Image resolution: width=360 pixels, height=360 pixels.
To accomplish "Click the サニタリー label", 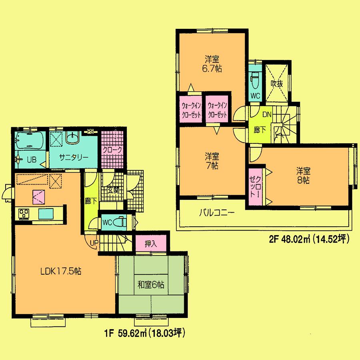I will tap(74, 157).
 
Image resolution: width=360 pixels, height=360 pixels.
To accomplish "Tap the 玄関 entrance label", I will tap(113, 191).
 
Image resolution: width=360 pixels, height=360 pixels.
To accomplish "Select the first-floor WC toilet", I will tap(118, 222).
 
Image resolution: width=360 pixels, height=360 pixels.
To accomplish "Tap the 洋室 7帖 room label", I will tap(212, 161).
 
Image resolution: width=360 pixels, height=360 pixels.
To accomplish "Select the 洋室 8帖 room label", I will tap(303, 175).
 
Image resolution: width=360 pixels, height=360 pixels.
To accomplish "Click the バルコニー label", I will tap(216, 213).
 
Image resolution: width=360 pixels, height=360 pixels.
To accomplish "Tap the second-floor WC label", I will tap(255, 95).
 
